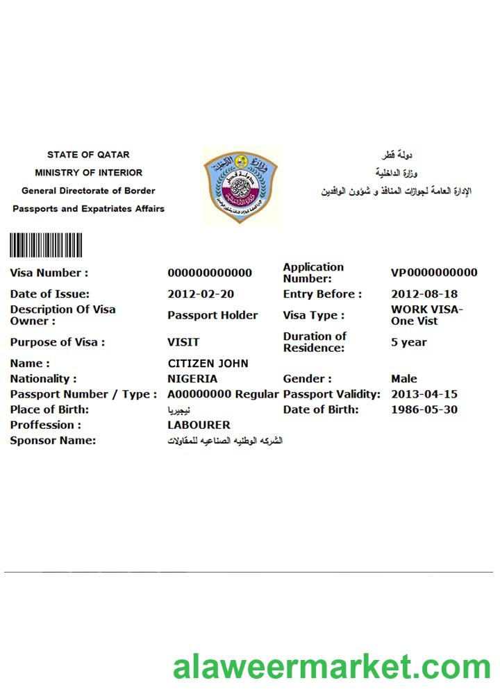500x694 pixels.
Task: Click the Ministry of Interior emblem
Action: click(240, 185)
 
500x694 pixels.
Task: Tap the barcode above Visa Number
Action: click(46, 245)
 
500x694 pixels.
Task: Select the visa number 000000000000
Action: click(210, 273)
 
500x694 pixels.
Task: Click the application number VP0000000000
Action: click(434, 273)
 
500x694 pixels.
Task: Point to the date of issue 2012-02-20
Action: click(201, 294)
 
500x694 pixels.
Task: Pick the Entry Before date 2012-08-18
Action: click(424, 294)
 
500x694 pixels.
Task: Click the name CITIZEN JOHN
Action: click(208, 364)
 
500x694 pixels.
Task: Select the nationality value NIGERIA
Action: click(192, 379)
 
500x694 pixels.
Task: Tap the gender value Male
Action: click(404, 379)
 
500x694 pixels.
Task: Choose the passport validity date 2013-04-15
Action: click(424, 394)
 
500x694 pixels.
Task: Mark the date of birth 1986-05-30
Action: click(424, 409)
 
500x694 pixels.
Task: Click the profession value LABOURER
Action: click(199, 425)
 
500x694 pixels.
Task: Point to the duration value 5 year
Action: click(409, 342)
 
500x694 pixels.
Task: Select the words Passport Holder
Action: click(212, 315)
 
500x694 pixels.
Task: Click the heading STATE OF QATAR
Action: click(88, 155)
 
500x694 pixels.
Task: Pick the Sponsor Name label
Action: click(53, 441)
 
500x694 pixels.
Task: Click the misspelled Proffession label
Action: click(46, 425)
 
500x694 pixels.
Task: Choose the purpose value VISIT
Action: click(183, 342)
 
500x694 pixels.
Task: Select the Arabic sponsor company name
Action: click(225, 441)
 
